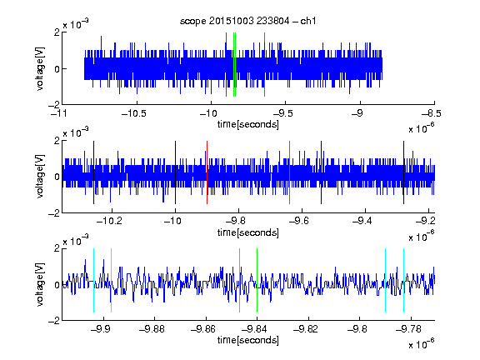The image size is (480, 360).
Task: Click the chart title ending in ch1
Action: click(x=248, y=21)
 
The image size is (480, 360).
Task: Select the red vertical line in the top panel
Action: click(x=226, y=64)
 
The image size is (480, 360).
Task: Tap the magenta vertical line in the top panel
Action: click(x=264, y=64)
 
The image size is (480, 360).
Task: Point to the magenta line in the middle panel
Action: click(x=290, y=172)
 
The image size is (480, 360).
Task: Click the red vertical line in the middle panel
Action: click(x=207, y=172)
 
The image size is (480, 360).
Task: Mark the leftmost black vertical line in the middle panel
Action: click(x=93, y=172)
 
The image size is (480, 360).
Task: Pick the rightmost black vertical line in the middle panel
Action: click(x=403, y=172)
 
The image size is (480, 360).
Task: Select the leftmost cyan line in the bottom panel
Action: click(x=93, y=280)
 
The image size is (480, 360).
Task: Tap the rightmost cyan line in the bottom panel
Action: click(x=403, y=280)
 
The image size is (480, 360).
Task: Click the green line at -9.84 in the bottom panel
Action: click(x=257, y=280)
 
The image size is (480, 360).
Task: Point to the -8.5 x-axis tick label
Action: click(x=432, y=114)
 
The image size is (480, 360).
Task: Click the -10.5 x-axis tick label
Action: click(x=134, y=114)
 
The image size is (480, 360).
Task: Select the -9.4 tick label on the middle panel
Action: click(x=362, y=221)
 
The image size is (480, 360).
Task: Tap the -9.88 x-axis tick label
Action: click(x=152, y=329)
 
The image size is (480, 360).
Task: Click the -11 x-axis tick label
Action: click(x=60, y=114)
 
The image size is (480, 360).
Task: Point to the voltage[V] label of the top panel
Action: click(x=40, y=68)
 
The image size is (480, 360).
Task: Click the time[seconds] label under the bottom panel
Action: click(x=248, y=340)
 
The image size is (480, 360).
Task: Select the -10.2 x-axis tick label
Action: click(x=109, y=221)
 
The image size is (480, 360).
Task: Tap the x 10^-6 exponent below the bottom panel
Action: click(x=422, y=343)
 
